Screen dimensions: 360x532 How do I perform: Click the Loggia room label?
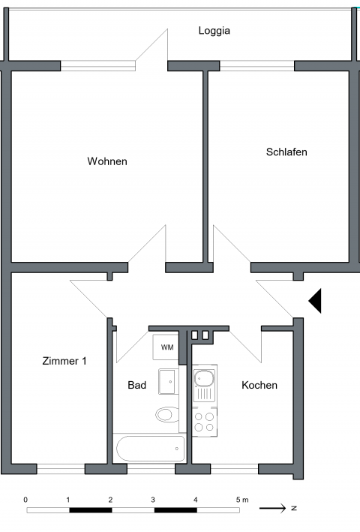[x=214, y=31]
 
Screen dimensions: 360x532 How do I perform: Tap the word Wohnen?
[x=107, y=161]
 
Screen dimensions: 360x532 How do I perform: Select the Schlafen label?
[x=286, y=152]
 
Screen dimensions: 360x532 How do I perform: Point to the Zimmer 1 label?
[x=64, y=361]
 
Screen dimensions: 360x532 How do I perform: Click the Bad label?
[x=137, y=385]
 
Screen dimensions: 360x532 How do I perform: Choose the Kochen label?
[x=259, y=385]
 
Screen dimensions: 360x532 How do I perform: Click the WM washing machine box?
[x=166, y=347]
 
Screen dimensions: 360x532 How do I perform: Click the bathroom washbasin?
[x=166, y=382]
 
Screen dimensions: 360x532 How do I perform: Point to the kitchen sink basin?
[x=204, y=378]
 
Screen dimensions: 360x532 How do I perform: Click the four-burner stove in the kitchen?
[x=205, y=422]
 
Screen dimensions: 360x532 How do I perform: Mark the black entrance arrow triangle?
[x=315, y=301]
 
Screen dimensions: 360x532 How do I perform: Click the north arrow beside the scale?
[x=272, y=508]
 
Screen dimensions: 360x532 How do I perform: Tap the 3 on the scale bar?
[x=153, y=500]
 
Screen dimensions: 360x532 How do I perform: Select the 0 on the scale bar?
[x=25, y=500]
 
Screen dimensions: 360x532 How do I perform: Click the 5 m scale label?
[x=242, y=500]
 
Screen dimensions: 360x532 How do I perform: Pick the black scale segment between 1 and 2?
[x=91, y=510]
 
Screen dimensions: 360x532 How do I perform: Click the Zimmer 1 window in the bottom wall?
[x=61, y=469]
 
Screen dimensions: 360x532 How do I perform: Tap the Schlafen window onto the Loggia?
[x=257, y=66]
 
